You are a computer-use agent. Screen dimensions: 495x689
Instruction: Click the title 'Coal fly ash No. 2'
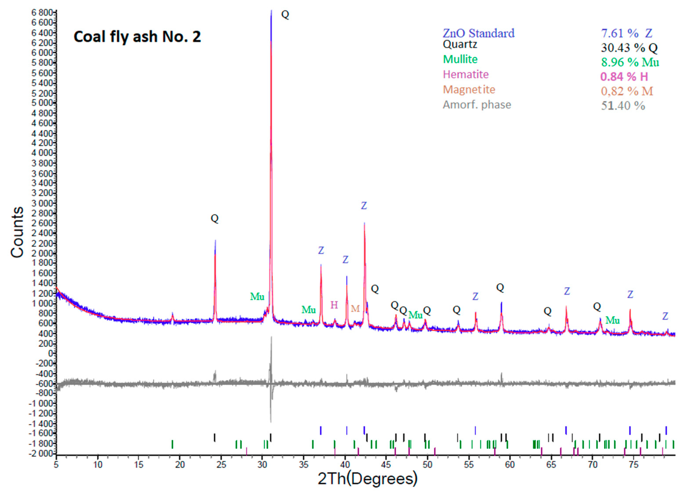click(137, 37)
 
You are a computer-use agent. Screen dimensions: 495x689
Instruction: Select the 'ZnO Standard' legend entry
click(478, 33)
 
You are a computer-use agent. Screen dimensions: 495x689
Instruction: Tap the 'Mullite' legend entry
click(460, 59)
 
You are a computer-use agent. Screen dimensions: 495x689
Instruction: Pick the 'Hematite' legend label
click(466, 74)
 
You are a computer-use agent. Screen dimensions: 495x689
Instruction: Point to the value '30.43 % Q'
click(629, 48)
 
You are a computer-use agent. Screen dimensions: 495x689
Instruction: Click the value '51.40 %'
click(623, 106)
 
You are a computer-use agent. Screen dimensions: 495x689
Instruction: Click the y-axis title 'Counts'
click(17, 232)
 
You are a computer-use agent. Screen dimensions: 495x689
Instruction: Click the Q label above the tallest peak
click(285, 14)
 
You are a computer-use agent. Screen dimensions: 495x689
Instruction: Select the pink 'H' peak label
click(334, 305)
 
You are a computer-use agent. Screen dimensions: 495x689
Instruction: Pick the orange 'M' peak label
click(355, 308)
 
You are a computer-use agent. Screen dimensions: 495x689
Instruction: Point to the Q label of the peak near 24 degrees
click(215, 218)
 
